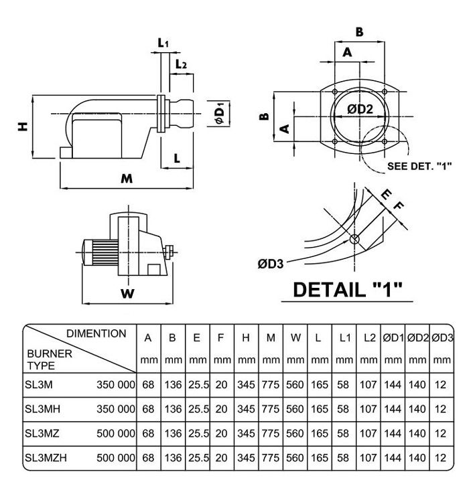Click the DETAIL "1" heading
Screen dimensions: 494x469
click(348, 290)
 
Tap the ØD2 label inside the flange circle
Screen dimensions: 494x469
click(360, 110)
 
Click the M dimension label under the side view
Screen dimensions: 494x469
click(126, 179)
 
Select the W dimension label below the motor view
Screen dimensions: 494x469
click(126, 293)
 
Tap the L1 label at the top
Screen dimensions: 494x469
click(163, 44)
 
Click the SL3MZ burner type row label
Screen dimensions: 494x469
click(42, 433)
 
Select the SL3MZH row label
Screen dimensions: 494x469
click(46, 459)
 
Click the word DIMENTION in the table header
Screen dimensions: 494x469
click(96, 333)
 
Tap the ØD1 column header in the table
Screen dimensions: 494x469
click(393, 339)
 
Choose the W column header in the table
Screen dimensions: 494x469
click(295, 339)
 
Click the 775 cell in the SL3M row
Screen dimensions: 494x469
click(271, 385)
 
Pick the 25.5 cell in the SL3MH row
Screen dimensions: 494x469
click(196, 408)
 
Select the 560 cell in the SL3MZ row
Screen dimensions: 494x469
click(295, 433)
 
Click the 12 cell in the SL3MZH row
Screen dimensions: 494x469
click(440, 459)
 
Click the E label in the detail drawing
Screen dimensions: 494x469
click(385, 194)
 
